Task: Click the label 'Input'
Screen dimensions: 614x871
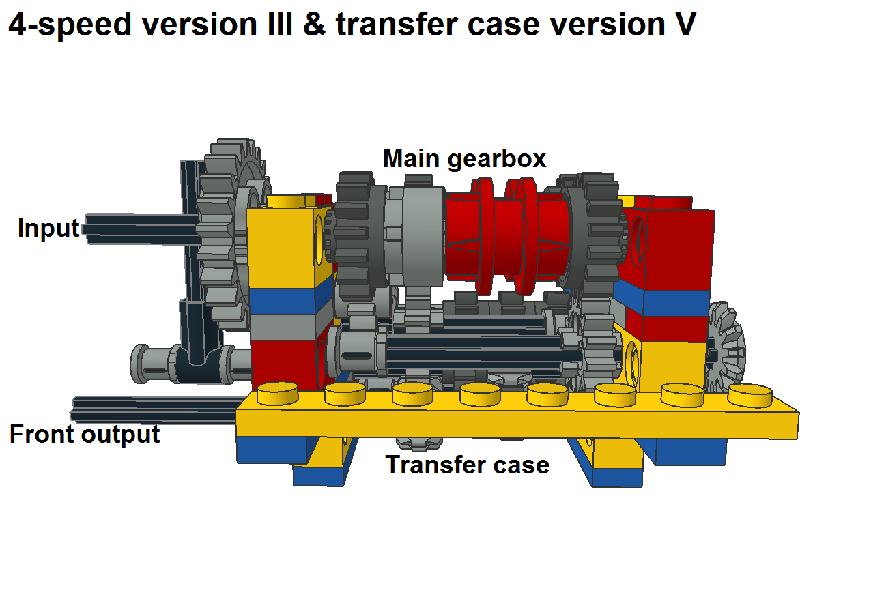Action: (x=48, y=228)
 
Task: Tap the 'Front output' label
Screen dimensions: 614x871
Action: (x=85, y=435)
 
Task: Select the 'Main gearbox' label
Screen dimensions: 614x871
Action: (x=464, y=159)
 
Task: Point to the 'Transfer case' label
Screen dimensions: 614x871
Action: (x=468, y=465)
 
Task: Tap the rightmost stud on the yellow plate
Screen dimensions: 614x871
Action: (x=748, y=395)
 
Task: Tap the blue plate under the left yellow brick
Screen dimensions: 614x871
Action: (x=283, y=301)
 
